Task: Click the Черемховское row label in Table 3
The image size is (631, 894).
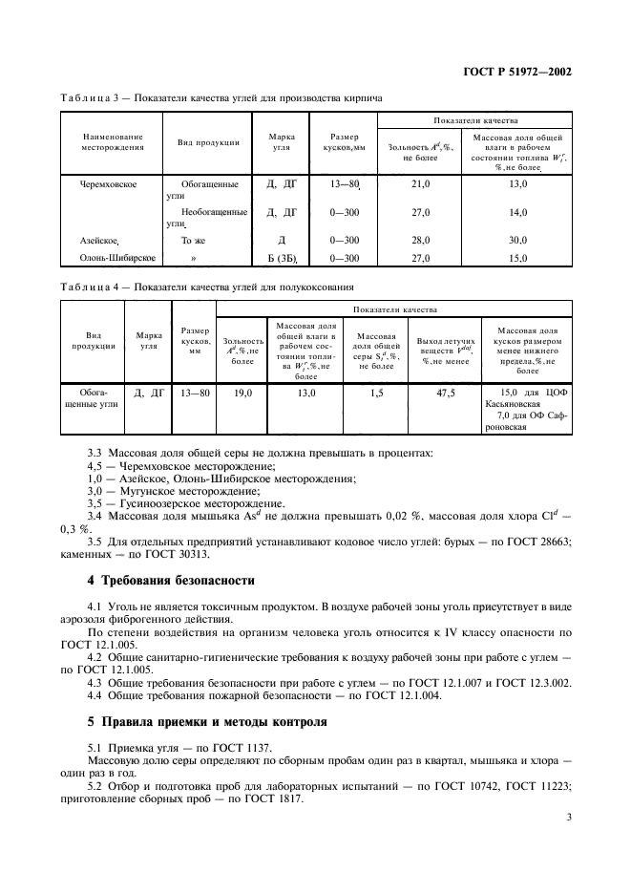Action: pos(112,181)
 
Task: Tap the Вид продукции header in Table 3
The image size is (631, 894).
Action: pos(208,142)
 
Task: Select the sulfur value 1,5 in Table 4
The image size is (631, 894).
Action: pos(375,392)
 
